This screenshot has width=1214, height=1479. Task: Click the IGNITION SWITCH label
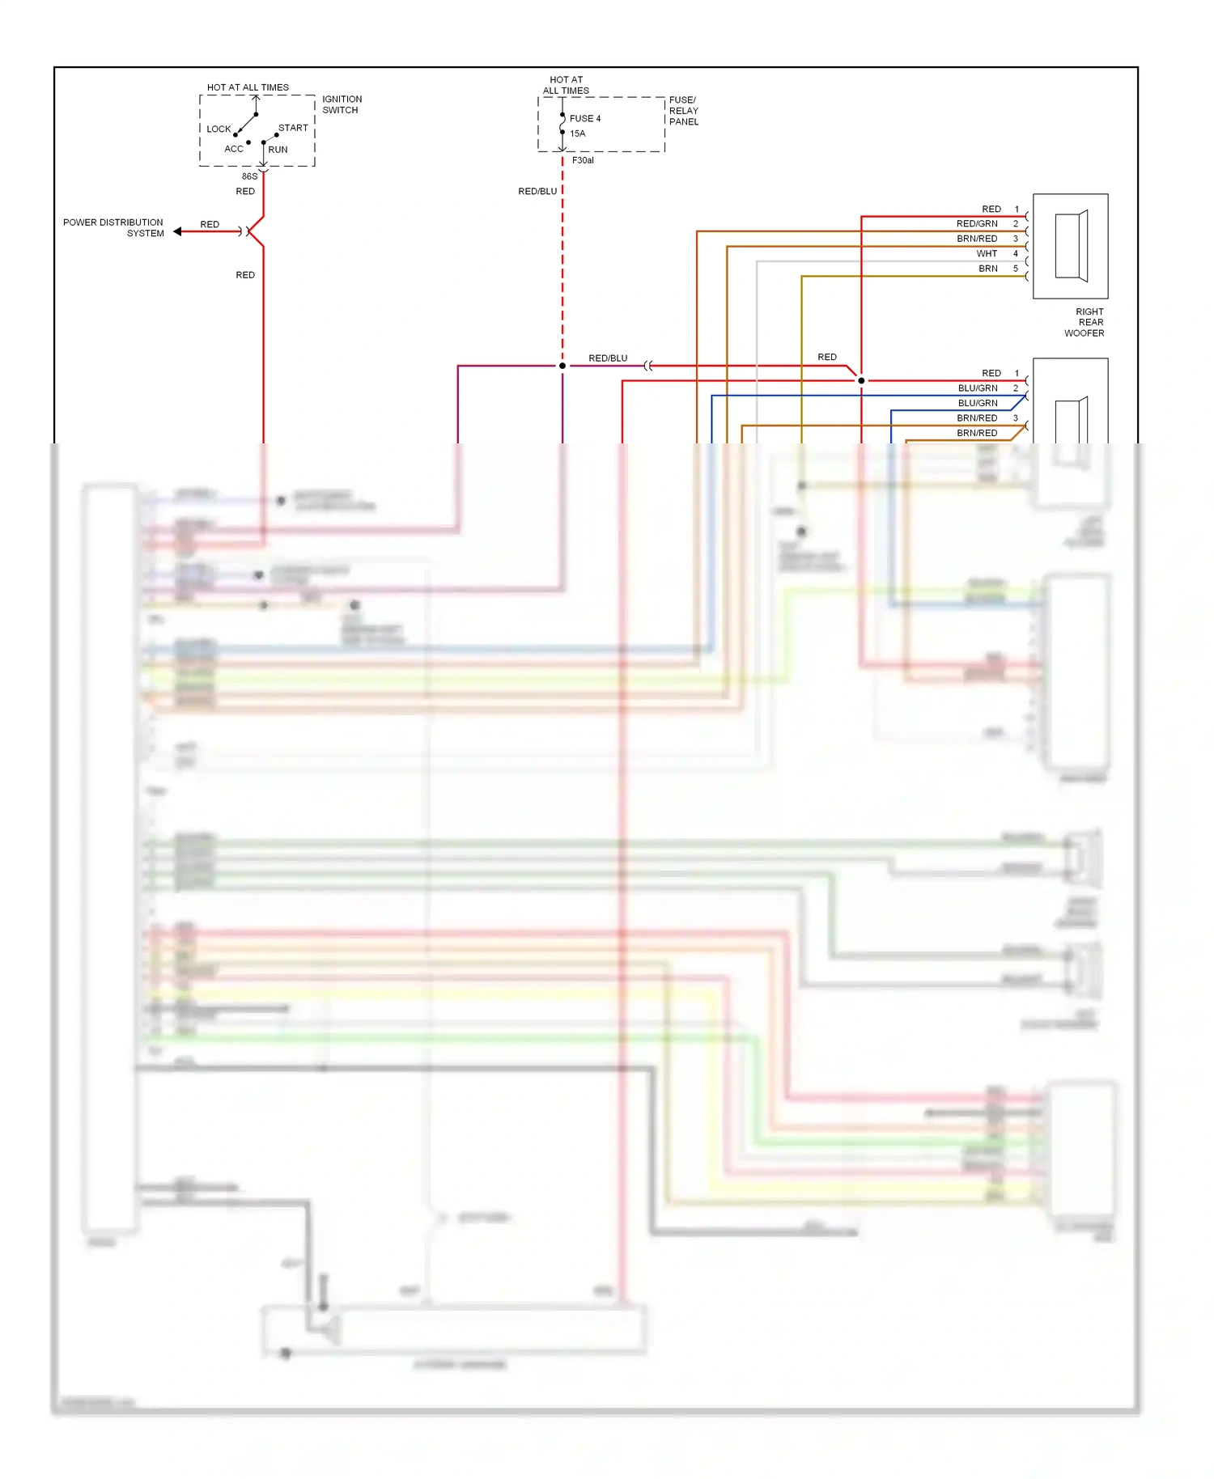pos(342,104)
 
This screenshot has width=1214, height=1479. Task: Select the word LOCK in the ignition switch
pos(219,129)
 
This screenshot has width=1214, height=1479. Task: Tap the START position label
pos(293,128)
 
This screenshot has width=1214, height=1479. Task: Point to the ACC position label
pos(233,149)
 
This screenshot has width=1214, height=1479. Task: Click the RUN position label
pos(278,150)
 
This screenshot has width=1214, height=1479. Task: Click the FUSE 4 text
pos(585,118)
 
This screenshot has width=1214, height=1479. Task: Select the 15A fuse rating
pos(577,133)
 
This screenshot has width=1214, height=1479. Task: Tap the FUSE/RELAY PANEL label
pos(683,111)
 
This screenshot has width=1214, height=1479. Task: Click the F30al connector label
pos(583,160)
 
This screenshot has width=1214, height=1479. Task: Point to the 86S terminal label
pos(249,176)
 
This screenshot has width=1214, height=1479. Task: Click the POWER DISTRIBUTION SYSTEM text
pos(113,227)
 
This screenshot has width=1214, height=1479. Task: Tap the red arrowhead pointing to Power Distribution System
pos(177,231)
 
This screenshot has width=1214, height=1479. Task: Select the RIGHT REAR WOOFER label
pos(1085,322)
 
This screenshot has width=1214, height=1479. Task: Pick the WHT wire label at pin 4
pos(987,254)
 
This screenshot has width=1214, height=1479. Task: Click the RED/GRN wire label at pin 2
pos(977,224)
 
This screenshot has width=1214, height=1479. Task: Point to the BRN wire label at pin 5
pos(987,269)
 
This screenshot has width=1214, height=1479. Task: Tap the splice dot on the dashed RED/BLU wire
pos(562,366)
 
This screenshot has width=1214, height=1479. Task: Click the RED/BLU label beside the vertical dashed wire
pos(537,192)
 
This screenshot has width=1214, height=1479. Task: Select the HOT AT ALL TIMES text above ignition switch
pos(248,87)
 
